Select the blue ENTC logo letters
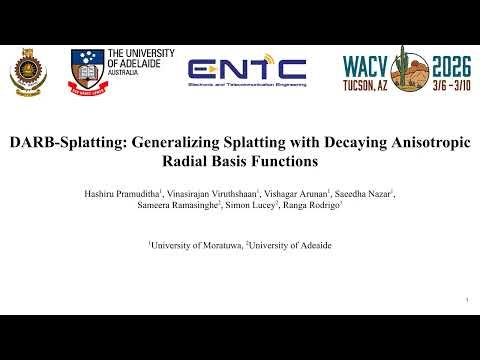(x=247, y=68)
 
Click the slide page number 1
(x=467, y=299)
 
